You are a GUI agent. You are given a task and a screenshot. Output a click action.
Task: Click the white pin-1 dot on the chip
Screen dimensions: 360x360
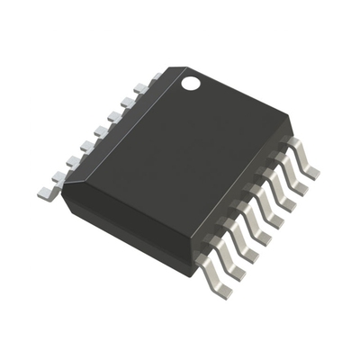coord(191,84)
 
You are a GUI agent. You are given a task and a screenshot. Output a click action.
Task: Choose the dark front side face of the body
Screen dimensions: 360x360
coord(126,229)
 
